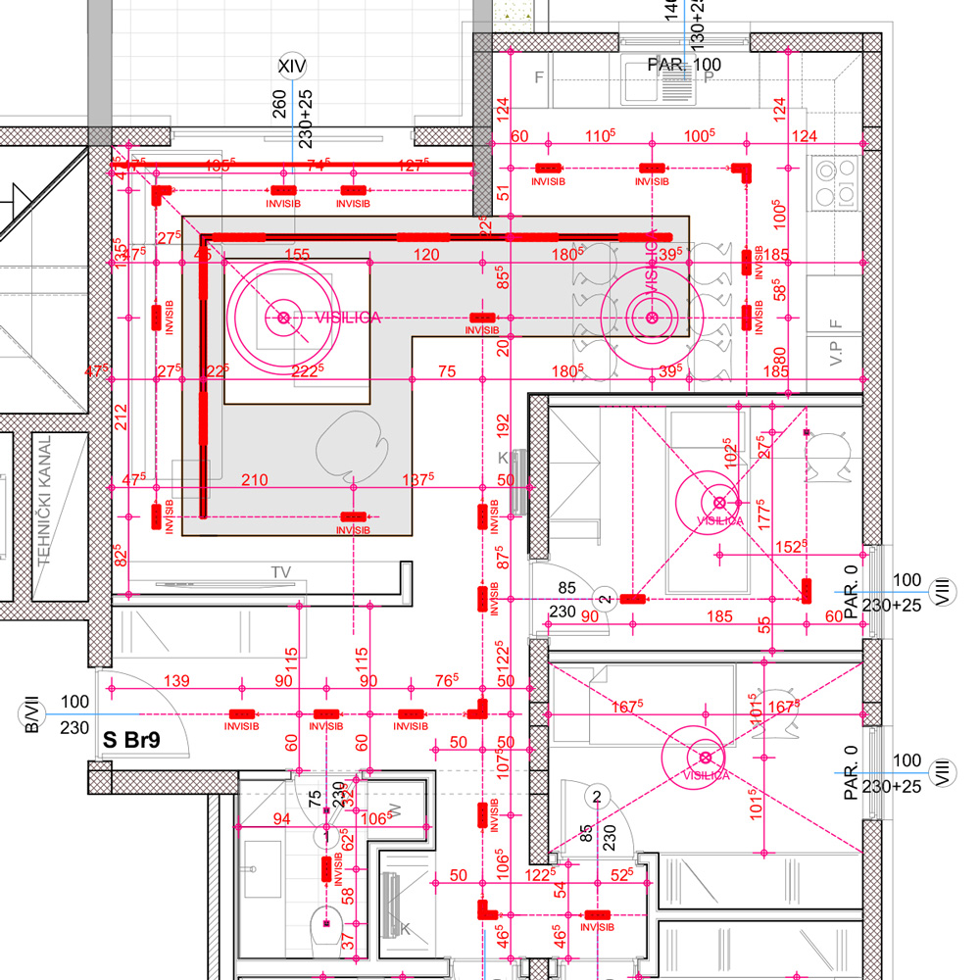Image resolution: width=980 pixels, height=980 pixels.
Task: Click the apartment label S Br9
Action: (x=131, y=740)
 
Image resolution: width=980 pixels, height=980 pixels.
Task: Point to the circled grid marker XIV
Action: (x=292, y=67)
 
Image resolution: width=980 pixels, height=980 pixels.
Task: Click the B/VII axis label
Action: (x=32, y=715)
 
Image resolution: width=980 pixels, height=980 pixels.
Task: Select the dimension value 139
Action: (x=176, y=681)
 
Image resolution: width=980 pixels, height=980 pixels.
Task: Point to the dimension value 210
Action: (x=254, y=479)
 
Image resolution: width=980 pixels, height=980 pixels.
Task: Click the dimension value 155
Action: (x=297, y=254)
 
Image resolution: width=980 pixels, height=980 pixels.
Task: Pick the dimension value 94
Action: (x=281, y=818)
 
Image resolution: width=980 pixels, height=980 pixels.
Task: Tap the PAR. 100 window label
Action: (x=684, y=65)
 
